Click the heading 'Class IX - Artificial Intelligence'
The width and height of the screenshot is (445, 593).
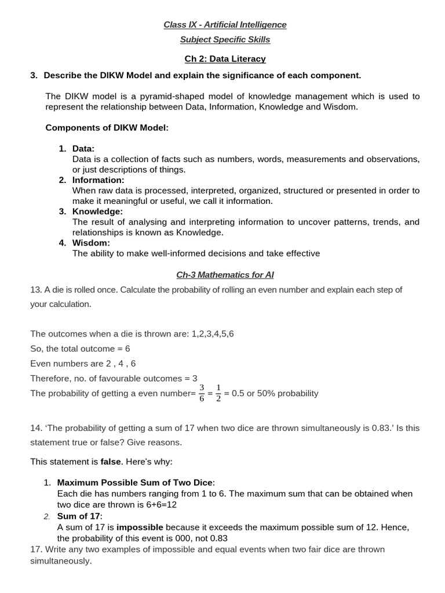(225, 24)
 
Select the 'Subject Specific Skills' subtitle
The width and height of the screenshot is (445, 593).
(225, 39)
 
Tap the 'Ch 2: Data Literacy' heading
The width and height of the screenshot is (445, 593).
(225, 58)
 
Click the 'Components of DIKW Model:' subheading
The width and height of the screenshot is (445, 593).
(107, 127)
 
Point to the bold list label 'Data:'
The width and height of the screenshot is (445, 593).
(83, 148)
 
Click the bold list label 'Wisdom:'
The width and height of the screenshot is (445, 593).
(91, 243)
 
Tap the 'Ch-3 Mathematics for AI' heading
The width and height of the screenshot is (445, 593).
(225, 274)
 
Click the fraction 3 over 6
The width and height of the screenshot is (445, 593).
(202, 393)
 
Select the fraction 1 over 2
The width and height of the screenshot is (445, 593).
(218, 393)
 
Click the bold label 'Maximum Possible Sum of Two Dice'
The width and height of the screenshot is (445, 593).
(135, 482)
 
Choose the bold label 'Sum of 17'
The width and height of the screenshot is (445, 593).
(78, 515)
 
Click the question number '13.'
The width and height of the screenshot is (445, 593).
(36, 290)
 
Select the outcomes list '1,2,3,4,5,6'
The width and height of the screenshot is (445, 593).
(213, 334)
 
